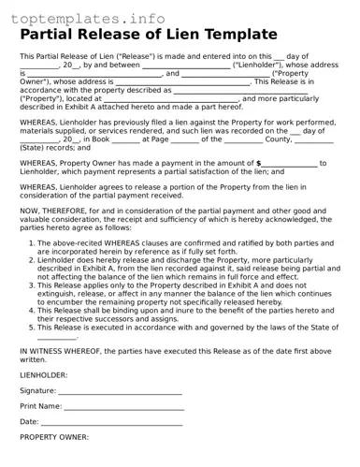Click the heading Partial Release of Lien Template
tap(148, 36)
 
